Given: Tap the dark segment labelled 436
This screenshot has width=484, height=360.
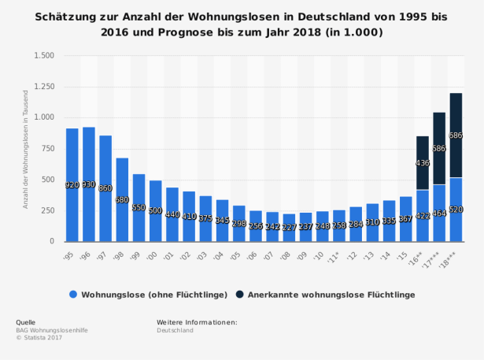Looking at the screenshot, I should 423,163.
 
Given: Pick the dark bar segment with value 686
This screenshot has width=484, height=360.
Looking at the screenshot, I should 456,135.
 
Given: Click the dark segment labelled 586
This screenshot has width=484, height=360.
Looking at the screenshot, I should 439,148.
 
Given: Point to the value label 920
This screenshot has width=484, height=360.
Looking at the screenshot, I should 72,184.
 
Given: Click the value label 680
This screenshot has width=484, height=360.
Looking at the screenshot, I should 122,199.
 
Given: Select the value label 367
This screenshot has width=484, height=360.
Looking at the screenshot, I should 405,219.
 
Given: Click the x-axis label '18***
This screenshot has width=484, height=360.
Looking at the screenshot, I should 453,258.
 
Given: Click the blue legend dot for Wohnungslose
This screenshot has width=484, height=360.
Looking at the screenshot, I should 73,294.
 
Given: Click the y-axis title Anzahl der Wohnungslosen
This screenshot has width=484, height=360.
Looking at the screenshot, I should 26,149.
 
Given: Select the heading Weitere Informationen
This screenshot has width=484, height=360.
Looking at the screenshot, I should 197,322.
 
